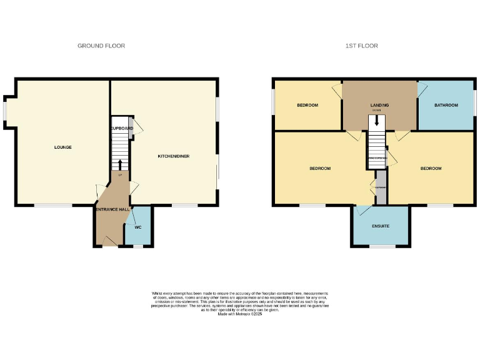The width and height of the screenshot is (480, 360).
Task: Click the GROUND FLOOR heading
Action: tap(101, 46)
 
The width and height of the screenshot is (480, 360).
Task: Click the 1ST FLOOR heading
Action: tap(362, 46)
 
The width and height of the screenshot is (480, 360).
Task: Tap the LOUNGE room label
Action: tap(62, 147)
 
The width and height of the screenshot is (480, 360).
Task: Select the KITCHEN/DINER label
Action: tap(174, 156)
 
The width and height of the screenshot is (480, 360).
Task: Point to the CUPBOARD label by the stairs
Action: tap(122, 128)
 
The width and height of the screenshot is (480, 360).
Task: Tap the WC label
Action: tap(138, 227)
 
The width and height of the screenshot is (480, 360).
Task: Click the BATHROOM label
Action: tap(446, 105)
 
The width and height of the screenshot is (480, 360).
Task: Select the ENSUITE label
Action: tap(381, 225)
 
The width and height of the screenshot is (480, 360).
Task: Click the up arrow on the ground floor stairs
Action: tap(119, 164)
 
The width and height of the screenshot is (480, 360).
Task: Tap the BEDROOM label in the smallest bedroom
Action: tap(307, 105)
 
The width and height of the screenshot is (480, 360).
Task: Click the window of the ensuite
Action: tap(382, 246)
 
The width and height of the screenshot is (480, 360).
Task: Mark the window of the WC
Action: tap(138, 246)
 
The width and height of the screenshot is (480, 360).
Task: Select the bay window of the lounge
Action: tap(5, 109)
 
